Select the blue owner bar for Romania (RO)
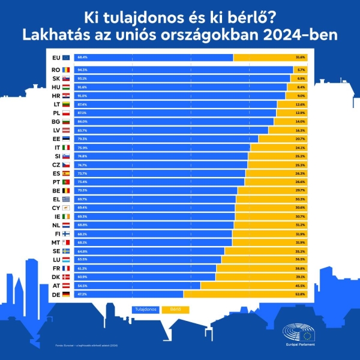click(180, 70)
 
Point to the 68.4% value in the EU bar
click(82, 57)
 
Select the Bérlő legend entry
click(175, 310)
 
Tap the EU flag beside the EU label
click(66, 57)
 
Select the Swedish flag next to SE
click(66, 251)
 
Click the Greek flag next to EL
click(66, 199)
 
